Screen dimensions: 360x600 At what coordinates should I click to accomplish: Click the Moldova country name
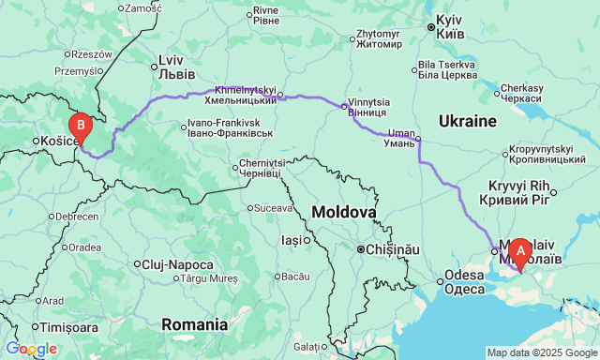pyautogui.click(x=345, y=213)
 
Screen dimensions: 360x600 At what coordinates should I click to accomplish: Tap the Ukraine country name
pyautogui.click(x=466, y=121)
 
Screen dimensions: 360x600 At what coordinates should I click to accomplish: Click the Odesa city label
pyautogui.click(x=464, y=282)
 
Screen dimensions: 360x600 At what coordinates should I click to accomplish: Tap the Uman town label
pyautogui.click(x=400, y=136)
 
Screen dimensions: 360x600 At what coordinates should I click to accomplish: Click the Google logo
pyautogui.click(x=31, y=349)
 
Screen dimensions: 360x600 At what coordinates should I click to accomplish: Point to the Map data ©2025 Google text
pyautogui.click(x=541, y=352)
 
